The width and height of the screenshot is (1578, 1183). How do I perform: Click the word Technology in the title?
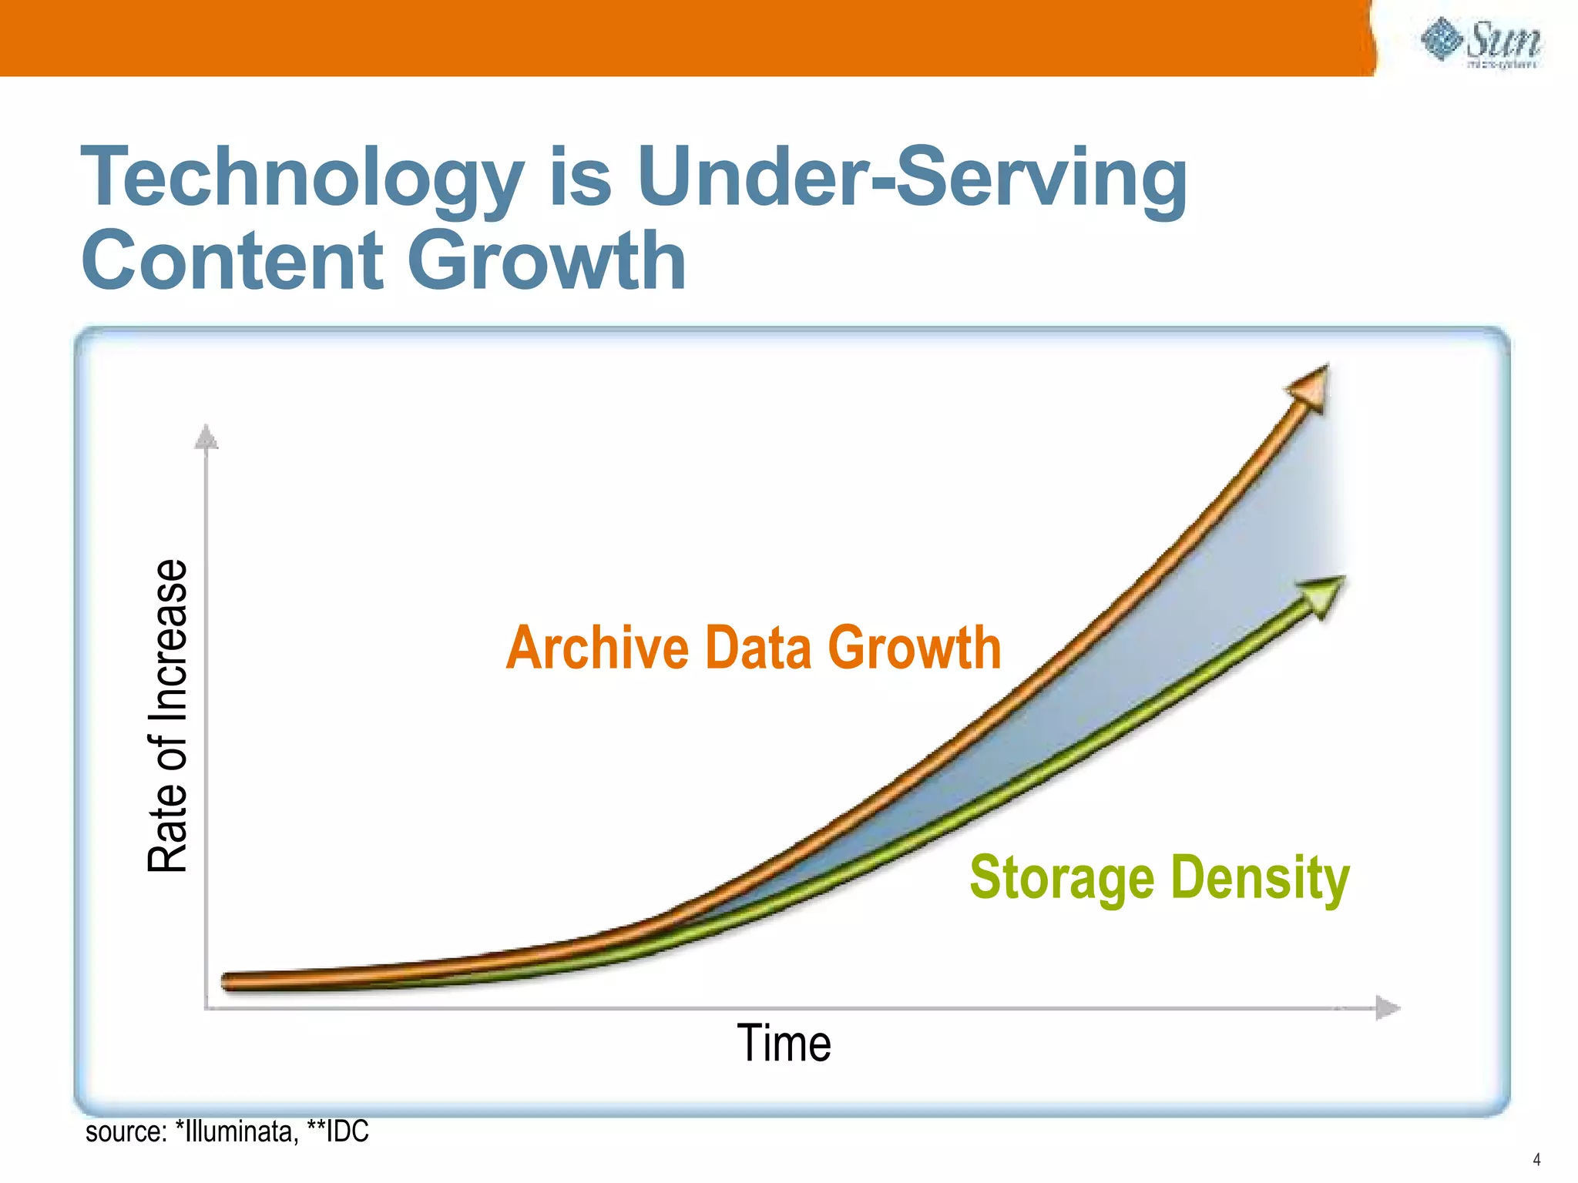click(x=302, y=179)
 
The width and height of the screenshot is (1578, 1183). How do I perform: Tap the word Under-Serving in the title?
click(x=912, y=179)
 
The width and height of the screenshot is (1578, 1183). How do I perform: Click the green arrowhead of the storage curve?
click(x=1324, y=595)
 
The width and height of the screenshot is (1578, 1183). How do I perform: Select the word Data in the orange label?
click(x=758, y=648)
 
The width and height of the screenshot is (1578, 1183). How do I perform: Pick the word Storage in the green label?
click(x=1062, y=877)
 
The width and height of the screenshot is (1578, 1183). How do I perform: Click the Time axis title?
click(x=784, y=1044)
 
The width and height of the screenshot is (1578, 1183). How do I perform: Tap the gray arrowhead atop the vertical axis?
click(x=206, y=437)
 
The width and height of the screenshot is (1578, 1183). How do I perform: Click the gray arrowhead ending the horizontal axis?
click(x=1387, y=1007)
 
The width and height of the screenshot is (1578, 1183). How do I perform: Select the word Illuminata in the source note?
click(x=240, y=1131)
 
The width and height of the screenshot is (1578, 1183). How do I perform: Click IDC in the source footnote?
click(x=347, y=1131)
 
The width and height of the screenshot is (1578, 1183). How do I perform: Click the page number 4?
click(x=1536, y=1160)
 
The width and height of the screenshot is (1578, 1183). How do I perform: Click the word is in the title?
click(x=580, y=179)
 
